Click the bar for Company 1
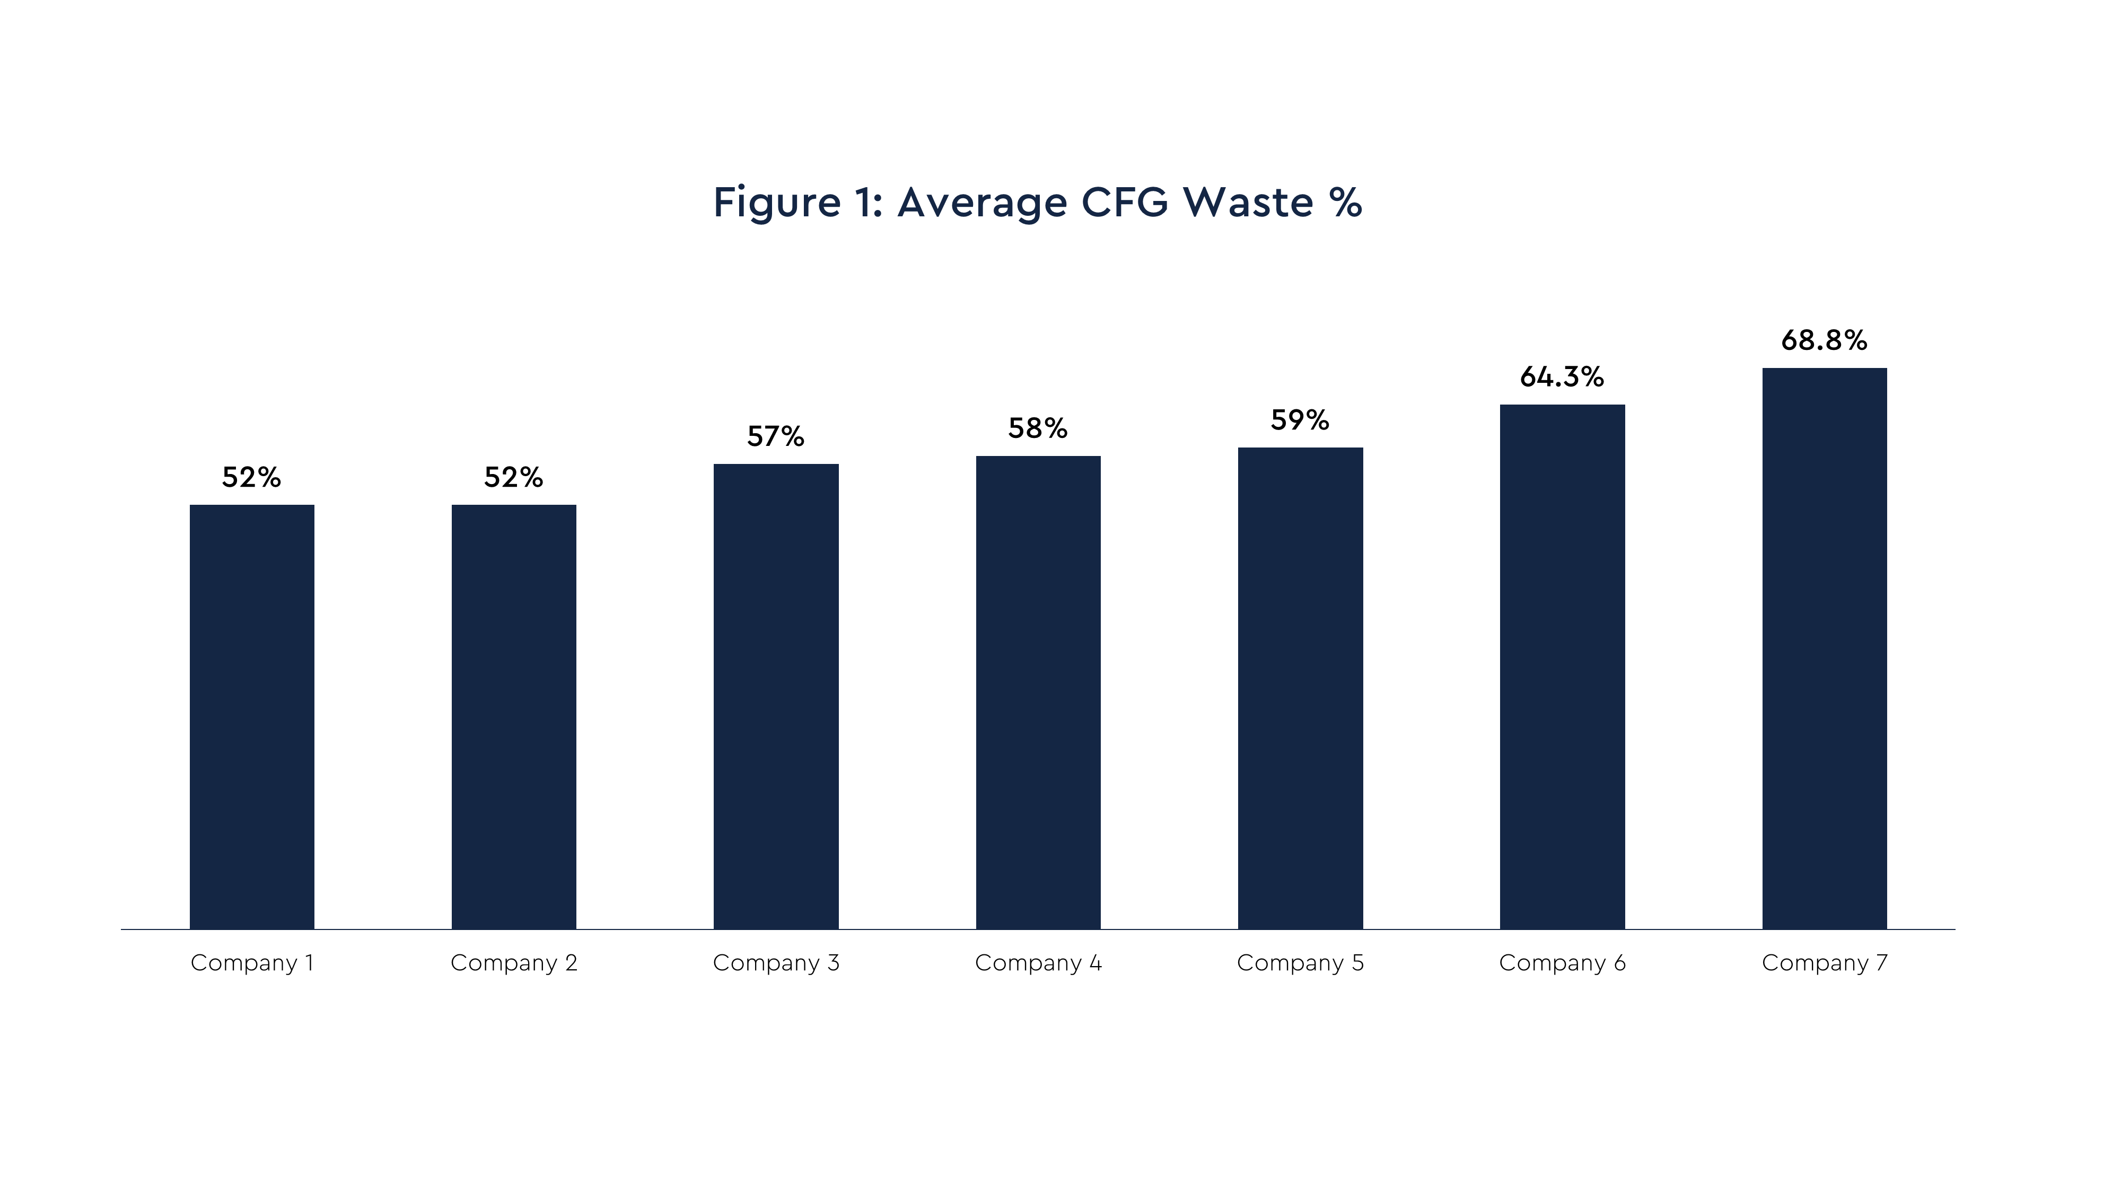[x=252, y=716]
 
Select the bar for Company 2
[x=514, y=716]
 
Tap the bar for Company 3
[x=776, y=696]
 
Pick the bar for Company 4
[x=1038, y=691]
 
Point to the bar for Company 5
[x=1300, y=688]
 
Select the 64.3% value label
[x=1562, y=377]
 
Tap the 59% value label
[x=1300, y=420]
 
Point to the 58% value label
[x=1038, y=428]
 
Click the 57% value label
[x=776, y=436]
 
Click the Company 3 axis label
[x=776, y=962]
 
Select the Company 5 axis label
[x=1300, y=962]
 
